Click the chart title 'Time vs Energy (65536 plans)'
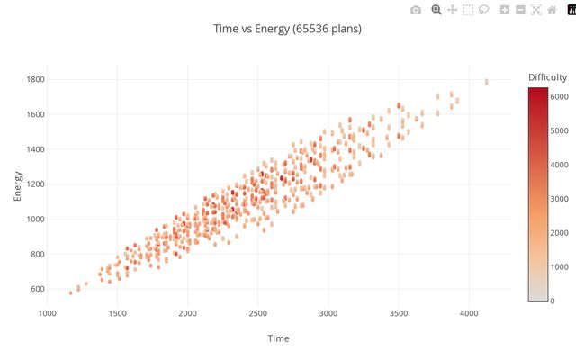pyautogui.click(x=287, y=29)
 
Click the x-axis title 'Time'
pyautogui.click(x=278, y=338)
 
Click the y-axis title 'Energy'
pyautogui.click(x=17, y=184)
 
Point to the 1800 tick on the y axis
pyautogui.click(x=34, y=80)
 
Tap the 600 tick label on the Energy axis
pyautogui.click(x=37, y=289)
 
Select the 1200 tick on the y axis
pyautogui.click(x=34, y=184)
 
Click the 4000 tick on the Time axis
pyautogui.click(x=469, y=313)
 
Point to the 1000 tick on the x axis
pyautogui.click(x=47, y=313)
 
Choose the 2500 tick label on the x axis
pyautogui.click(x=257, y=313)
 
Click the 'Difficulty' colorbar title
pyautogui.click(x=547, y=76)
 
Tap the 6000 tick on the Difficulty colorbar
pyautogui.click(x=559, y=95)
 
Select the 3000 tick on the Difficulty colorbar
pyautogui.click(x=559, y=198)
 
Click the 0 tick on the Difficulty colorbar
pyautogui.click(x=553, y=301)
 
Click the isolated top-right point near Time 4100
pyautogui.click(x=487, y=82)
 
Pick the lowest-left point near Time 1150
pyautogui.click(x=71, y=292)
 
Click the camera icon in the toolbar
pyautogui.click(x=415, y=10)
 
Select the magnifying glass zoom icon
pyautogui.click(x=436, y=10)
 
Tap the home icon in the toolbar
pyautogui.click(x=552, y=10)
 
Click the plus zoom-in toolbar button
pyautogui.click(x=505, y=10)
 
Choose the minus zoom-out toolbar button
pyautogui.click(x=520, y=10)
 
